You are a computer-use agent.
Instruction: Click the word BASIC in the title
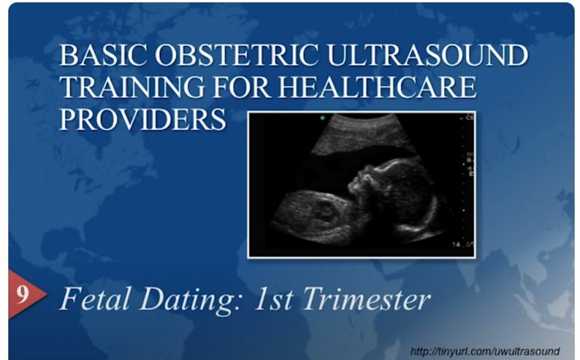click(98, 57)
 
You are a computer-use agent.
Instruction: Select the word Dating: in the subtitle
click(188, 300)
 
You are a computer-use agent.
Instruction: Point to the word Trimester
click(369, 299)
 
